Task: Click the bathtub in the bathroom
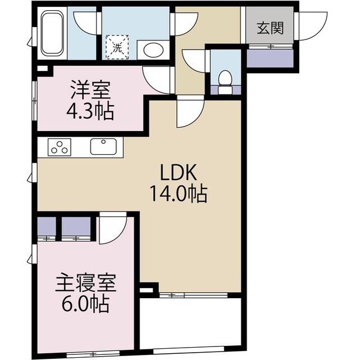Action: coord(52,34)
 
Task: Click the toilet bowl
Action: coord(225,79)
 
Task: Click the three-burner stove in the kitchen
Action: coord(59,147)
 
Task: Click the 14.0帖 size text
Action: coord(178,194)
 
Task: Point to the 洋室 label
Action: coord(89,89)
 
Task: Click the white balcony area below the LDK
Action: coord(190,323)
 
